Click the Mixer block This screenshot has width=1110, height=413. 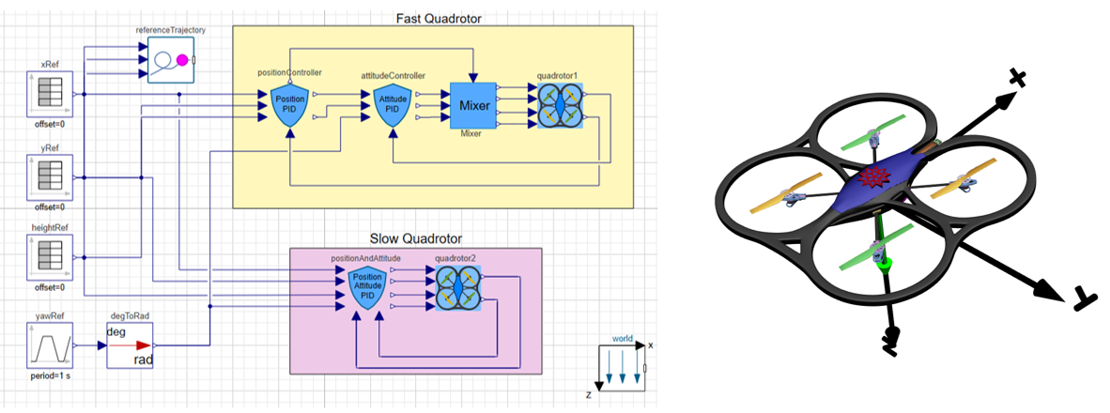point(474,105)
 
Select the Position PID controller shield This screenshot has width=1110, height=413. point(289,104)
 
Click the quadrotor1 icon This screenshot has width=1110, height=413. point(561,105)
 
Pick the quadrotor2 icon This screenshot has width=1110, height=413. point(458,287)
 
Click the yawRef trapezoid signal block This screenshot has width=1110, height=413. point(50,344)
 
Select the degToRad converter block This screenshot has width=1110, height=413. point(130,345)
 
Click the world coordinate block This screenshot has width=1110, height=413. point(622,365)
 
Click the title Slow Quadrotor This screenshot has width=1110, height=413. point(415,238)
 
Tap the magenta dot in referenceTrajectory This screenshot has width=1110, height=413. point(182,60)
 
